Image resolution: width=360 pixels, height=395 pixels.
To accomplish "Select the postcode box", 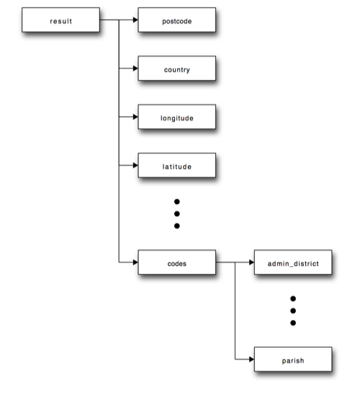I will [x=176, y=21].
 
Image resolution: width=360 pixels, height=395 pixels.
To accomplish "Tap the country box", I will [x=176, y=69].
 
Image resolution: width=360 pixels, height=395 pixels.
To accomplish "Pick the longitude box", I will [x=176, y=117].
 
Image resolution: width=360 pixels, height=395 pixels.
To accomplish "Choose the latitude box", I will [x=176, y=166].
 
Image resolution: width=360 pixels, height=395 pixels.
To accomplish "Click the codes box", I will [x=176, y=263].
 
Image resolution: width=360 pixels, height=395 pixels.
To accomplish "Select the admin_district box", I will [x=293, y=263].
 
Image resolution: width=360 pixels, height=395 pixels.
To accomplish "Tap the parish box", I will [x=293, y=358].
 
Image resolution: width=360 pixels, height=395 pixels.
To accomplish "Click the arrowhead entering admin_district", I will [x=251, y=263].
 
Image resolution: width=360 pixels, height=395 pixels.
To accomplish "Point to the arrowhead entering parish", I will [x=251, y=358].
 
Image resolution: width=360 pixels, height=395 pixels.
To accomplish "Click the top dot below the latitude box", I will [x=176, y=202].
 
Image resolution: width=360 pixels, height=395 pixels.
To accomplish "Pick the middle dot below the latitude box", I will [x=176, y=214].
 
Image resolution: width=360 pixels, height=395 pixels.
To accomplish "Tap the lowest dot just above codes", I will [x=176, y=226].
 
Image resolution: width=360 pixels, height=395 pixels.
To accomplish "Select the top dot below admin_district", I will [x=293, y=298].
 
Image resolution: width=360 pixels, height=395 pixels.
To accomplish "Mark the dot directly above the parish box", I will [x=293, y=323].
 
